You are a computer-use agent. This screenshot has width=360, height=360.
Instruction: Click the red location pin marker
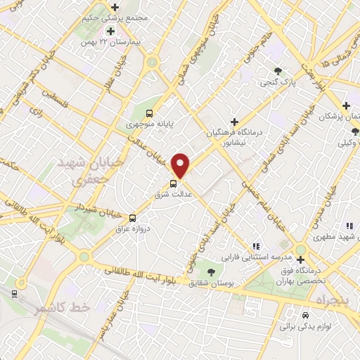tap(181, 165)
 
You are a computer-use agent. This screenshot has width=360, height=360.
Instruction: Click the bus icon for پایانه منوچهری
tap(149, 112)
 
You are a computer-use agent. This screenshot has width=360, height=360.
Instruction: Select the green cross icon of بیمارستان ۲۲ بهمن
tap(110, 31)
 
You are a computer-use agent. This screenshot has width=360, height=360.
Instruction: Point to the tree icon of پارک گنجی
tap(278, 71)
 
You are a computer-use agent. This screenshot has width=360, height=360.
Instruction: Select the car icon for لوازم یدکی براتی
tap(305, 316)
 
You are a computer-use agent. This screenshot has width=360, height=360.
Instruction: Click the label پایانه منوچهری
tap(148, 124)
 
